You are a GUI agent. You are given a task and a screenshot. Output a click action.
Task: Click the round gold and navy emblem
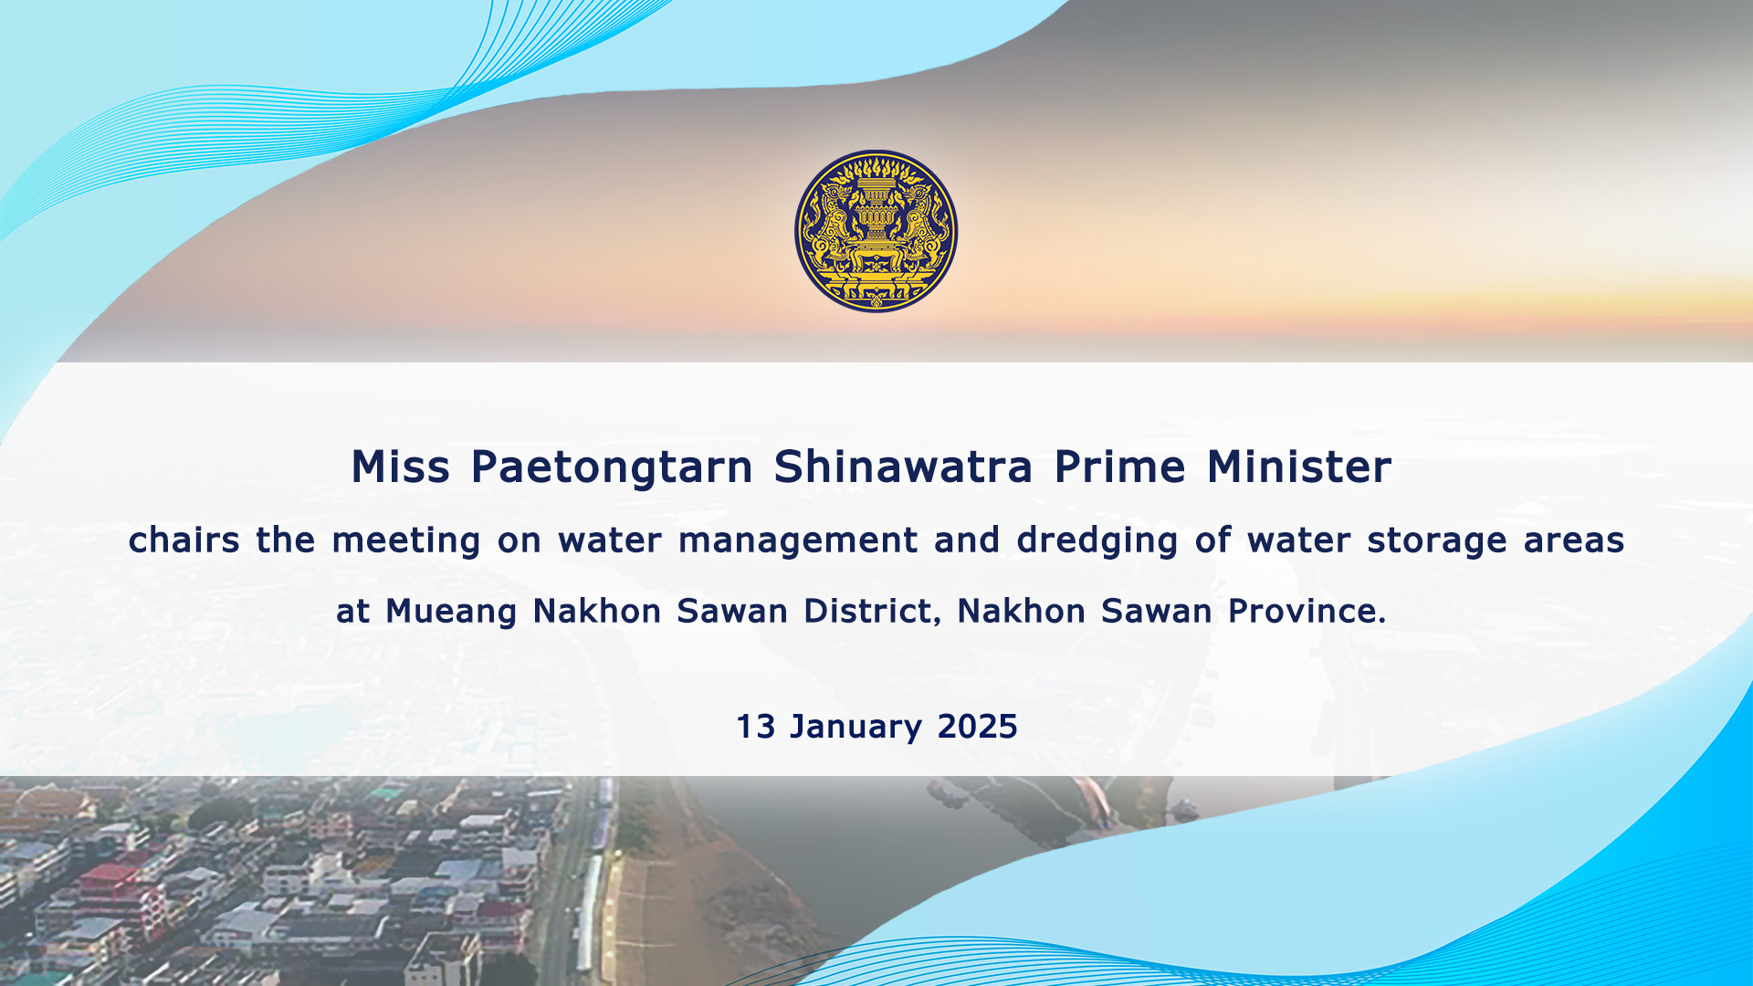(x=876, y=231)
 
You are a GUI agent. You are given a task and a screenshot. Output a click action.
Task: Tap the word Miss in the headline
(x=401, y=467)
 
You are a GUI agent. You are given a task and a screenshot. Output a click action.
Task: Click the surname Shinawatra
(x=903, y=467)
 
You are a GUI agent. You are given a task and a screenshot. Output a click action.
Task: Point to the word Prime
(x=1120, y=467)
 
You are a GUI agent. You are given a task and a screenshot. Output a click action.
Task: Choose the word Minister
(x=1299, y=467)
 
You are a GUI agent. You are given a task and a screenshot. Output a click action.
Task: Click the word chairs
(x=184, y=540)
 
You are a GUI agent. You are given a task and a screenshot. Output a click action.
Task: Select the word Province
(x=1307, y=611)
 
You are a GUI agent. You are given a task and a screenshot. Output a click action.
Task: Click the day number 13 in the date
(x=756, y=728)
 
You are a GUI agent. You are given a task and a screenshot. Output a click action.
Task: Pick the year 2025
(x=978, y=728)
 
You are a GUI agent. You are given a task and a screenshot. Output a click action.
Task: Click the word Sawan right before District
(x=732, y=611)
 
